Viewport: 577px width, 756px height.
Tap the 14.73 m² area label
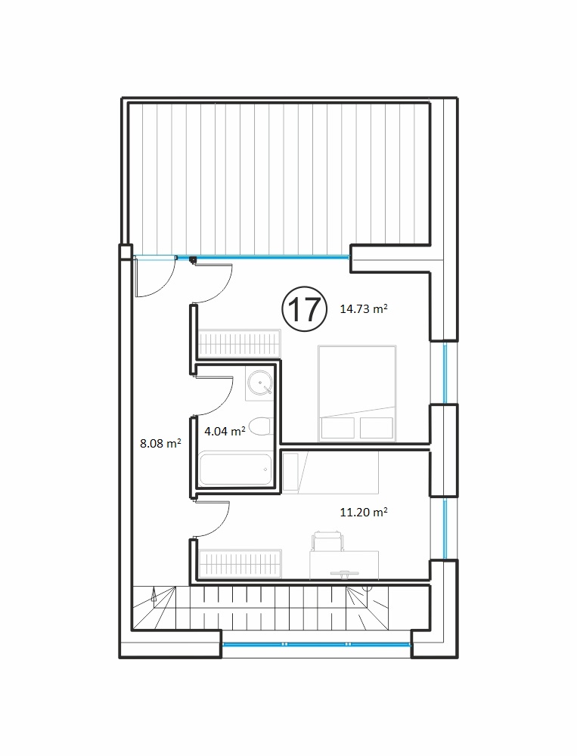click(x=364, y=308)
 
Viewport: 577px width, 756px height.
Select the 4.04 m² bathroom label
click(x=225, y=431)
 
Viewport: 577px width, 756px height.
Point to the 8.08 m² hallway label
click(x=160, y=442)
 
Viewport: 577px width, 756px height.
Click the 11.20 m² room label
click(x=364, y=512)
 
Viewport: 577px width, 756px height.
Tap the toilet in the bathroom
click(x=259, y=426)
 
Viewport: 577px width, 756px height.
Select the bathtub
click(x=235, y=469)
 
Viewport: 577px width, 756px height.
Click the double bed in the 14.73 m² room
click(x=357, y=393)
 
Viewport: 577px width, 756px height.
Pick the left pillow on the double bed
click(x=338, y=428)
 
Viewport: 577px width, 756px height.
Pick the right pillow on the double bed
click(x=377, y=428)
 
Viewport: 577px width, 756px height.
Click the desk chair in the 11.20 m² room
click(x=328, y=541)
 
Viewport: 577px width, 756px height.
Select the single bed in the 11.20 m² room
click(x=330, y=472)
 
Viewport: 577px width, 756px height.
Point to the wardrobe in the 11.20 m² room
click(x=239, y=564)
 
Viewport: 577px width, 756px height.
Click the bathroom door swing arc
click(x=227, y=401)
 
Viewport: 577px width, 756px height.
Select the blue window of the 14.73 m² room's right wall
click(x=445, y=372)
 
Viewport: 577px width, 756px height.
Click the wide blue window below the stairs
click(x=316, y=643)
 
